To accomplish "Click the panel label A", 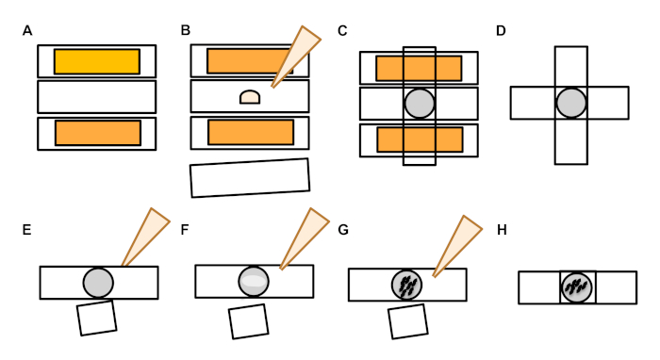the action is (27, 31).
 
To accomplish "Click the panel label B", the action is (185, 30).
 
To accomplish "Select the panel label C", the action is (342, 31).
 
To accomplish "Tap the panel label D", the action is (501, 31).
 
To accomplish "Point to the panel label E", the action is (26, 230).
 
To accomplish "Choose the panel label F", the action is (185, 230).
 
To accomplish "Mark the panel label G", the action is (343, 230).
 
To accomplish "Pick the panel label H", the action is (502, 230).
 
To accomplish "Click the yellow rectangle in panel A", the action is (97, 61).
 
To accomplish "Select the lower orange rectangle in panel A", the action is (98, 133).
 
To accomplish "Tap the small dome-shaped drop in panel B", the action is (250, 97).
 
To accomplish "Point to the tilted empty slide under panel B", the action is (250, 178).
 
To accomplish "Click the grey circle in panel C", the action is (420, 104).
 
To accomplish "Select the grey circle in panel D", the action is (571, 103).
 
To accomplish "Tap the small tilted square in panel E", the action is (97, 318).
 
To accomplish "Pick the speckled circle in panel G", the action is (406, 286).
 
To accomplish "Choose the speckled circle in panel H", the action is (577, 287).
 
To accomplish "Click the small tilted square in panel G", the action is (408, 321).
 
